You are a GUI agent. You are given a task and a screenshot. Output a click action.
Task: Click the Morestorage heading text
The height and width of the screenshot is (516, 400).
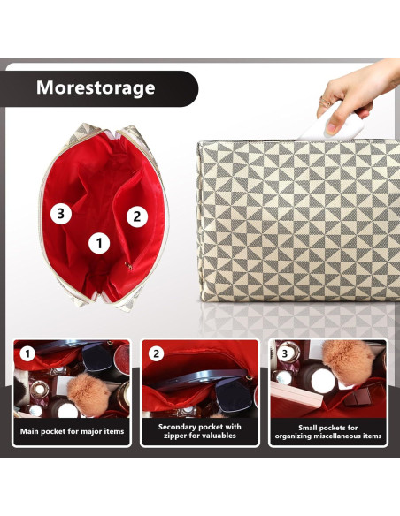95,87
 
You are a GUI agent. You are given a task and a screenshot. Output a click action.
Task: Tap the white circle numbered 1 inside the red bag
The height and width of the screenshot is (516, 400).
99,241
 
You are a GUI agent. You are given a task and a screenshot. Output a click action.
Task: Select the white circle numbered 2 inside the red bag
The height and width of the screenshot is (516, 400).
136,215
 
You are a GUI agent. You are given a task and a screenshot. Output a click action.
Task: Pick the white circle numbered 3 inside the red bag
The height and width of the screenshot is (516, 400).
60,213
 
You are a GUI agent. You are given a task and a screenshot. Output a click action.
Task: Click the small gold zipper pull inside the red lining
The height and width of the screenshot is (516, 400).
129,265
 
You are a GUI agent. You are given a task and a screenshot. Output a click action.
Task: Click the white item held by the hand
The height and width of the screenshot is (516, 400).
342,123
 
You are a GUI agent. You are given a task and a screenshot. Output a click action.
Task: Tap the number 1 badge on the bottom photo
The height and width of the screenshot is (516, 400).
28,354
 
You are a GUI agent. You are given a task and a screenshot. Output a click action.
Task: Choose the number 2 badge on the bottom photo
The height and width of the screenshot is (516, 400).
156,354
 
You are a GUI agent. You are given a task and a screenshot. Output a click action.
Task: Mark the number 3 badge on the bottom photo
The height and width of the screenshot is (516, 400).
284,354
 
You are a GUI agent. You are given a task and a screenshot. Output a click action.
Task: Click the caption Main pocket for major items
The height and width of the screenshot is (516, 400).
72,431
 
